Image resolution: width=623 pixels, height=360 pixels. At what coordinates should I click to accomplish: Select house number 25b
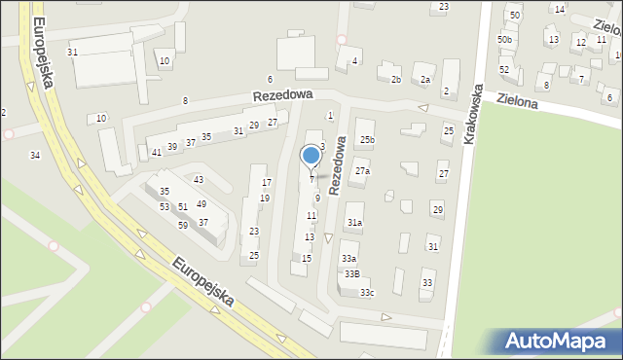click(366, 140)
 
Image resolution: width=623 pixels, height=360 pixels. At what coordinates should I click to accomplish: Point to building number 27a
click(362, 171)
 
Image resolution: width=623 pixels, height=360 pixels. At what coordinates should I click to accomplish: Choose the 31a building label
click(355, 223)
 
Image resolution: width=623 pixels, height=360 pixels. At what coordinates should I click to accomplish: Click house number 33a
click(348, 259)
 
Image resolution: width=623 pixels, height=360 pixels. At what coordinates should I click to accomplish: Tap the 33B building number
click(350, 274)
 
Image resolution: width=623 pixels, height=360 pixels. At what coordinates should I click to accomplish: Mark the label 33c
click(366, 292)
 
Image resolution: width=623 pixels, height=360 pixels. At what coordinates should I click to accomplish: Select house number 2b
click(395, 80)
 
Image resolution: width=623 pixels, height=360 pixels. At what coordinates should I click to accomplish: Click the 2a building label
click(424, 80)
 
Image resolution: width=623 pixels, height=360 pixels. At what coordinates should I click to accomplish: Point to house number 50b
click(504, 39)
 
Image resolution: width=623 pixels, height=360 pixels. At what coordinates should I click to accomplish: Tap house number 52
click(504, 69)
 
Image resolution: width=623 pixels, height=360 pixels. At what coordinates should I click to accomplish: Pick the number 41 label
click(157, 153)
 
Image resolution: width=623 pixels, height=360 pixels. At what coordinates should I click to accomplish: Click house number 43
click(199, 179)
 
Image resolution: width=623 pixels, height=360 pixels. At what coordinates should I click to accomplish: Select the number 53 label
click(165, 206)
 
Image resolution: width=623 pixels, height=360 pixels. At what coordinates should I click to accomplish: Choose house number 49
click(202, 204)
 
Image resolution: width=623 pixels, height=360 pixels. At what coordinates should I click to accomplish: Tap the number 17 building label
click(266, 183)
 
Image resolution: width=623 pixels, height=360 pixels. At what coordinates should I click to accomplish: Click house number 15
click(307, 258)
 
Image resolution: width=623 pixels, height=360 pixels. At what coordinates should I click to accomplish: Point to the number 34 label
click(35, 156)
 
